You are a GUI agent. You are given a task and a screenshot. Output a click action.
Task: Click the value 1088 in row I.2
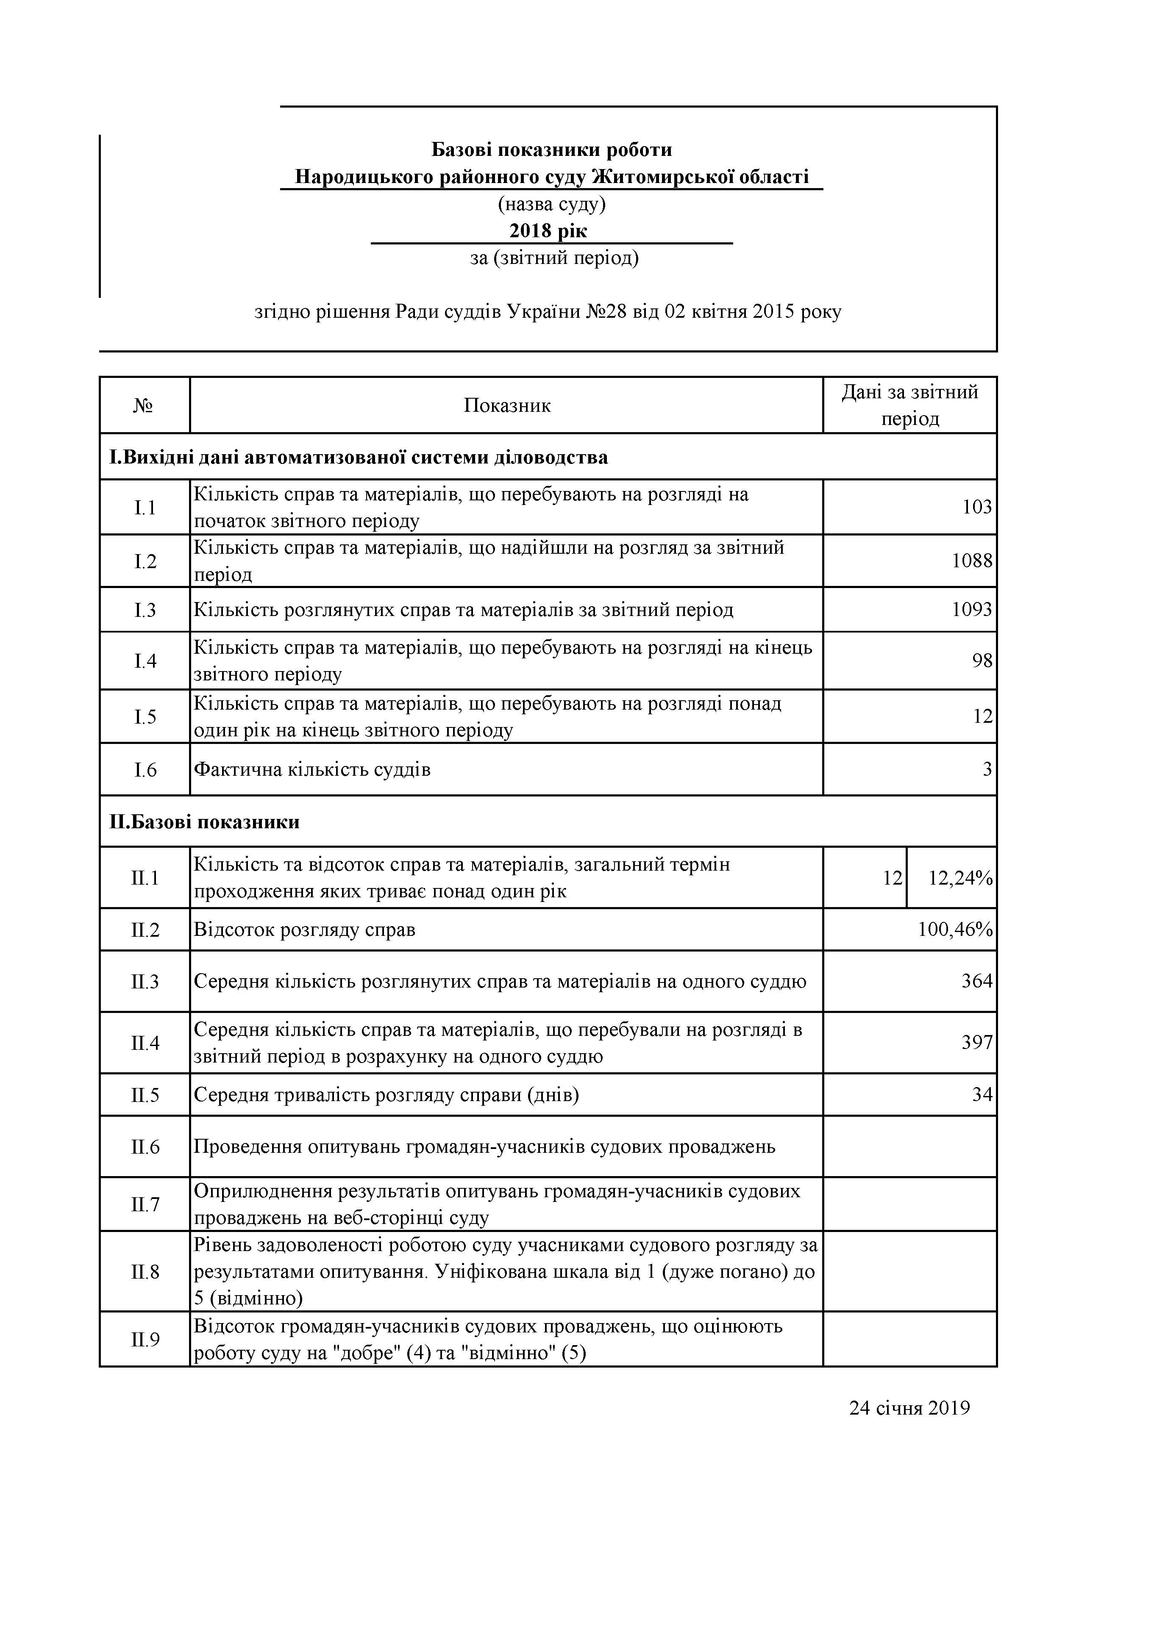(x=972, y=561)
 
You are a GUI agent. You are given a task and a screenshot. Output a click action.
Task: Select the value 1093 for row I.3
(x=972, y=610)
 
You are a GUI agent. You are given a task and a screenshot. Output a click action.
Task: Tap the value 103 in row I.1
(x=977, y=507)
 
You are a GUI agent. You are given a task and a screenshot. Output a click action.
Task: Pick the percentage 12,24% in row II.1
(x=960, y=878)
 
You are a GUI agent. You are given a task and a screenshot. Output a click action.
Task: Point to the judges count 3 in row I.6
(x=987, y=769)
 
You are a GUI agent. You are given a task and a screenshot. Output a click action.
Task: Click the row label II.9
(x=145, y=1339)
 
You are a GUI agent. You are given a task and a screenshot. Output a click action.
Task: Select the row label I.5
(x=145, y=716)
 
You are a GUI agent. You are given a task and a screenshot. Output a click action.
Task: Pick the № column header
(x=144, y=405)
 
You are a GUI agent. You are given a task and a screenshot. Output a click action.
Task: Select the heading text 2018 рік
(x=548, y=231)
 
